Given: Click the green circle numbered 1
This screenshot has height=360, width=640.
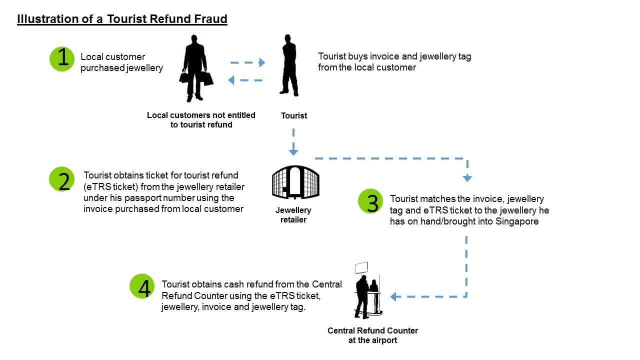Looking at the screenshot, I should click(x=62, y=59).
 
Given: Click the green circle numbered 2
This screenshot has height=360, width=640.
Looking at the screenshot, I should click(x=62, y=179).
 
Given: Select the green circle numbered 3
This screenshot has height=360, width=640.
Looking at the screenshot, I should click(x=371, y=202).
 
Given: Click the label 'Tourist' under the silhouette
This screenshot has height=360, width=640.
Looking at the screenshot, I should click(x=294, y=115).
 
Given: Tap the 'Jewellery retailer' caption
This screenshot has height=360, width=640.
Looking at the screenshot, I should click(x=293, y=215).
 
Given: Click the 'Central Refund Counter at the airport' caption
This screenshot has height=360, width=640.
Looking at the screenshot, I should click(x=372, y=335).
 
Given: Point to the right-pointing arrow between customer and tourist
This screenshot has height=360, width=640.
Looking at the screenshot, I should click(x=248, y=63).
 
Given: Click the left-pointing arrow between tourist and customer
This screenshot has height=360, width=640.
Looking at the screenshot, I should click(x=245, y=80).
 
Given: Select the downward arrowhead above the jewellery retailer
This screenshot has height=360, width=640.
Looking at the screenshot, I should click(x=293, y=151).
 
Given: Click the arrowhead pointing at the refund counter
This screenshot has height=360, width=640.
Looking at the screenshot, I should click(x=394, y=297).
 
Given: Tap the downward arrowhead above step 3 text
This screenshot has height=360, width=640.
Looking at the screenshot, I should click(x=467, y=177).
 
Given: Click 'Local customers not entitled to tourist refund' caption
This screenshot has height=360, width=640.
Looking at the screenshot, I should click(x=201, y=120).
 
